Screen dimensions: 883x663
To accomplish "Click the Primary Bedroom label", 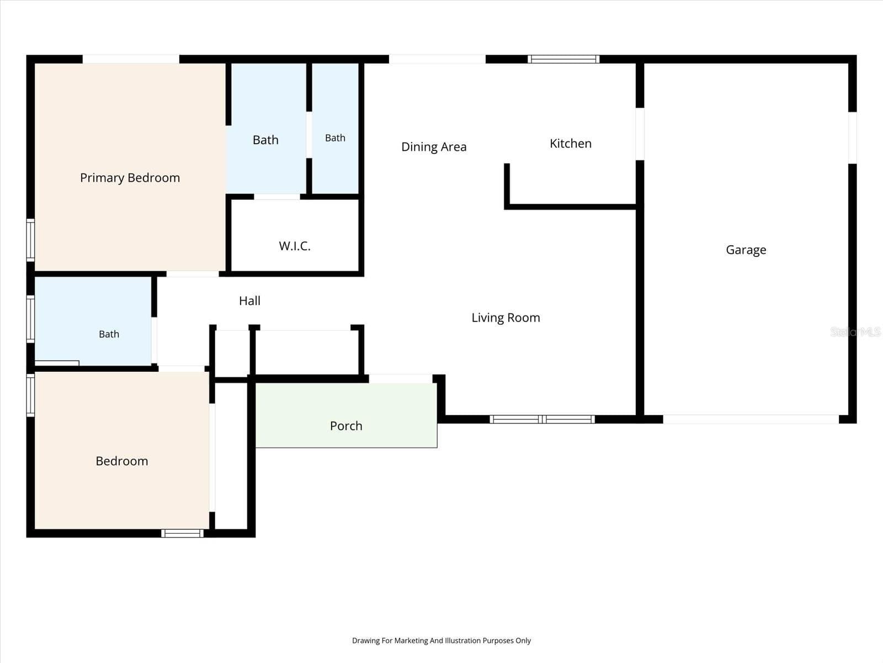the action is point(130,178).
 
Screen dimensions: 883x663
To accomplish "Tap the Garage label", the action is point(746,250).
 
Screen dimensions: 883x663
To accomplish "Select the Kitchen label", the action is point(571,143).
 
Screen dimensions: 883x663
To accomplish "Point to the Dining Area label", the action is point(434,147).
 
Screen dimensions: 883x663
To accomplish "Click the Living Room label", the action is point(506,318).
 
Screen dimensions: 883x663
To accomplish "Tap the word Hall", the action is point(249,301).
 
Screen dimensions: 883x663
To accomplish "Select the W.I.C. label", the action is point(295,246).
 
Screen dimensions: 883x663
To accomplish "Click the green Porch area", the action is point(347,415).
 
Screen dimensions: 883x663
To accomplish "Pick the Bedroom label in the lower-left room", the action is point(122,461).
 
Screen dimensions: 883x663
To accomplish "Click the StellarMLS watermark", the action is point(855,331).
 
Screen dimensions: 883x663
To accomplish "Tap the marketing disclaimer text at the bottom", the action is point(441,640).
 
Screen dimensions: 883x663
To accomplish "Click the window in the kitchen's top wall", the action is point(563,59).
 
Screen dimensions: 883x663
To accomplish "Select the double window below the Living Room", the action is point(542,419).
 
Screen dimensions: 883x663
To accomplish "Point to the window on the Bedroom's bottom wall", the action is point(182,533).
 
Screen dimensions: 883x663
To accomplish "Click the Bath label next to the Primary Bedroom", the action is point(265,140).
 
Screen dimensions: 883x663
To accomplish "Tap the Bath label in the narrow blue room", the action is point(335,138).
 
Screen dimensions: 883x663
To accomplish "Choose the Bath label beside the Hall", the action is point(109,334).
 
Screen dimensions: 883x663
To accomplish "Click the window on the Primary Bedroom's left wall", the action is point(30,240).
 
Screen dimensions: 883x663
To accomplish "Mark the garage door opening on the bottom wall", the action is point(751,419).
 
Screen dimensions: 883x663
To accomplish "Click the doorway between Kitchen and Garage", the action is point(640,134).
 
